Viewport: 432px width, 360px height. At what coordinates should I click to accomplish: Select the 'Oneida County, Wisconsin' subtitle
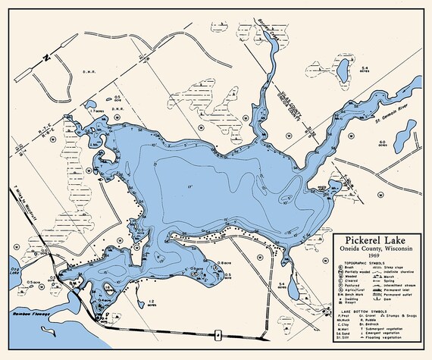coord(377,249)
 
